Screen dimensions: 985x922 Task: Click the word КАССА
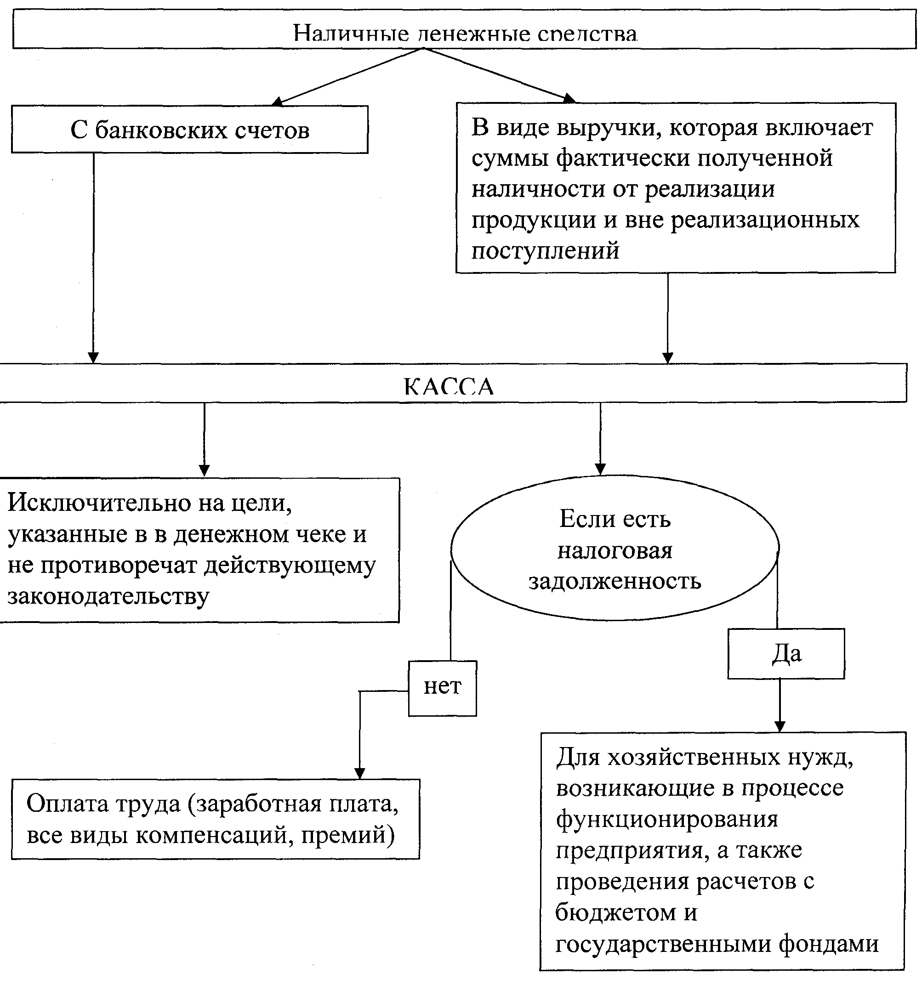[449, 386]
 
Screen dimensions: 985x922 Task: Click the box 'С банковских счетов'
[189, 130]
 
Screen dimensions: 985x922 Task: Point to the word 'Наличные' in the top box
[351, 34]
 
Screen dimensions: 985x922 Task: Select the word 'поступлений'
[545, 251]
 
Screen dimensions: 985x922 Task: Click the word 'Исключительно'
[99, 503]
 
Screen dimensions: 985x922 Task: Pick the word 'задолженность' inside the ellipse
[615, 581]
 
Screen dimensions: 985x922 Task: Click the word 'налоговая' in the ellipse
[615, 550]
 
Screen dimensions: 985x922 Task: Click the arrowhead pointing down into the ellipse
[600, 469]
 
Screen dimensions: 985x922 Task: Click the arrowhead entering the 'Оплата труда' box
[360, 773]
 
